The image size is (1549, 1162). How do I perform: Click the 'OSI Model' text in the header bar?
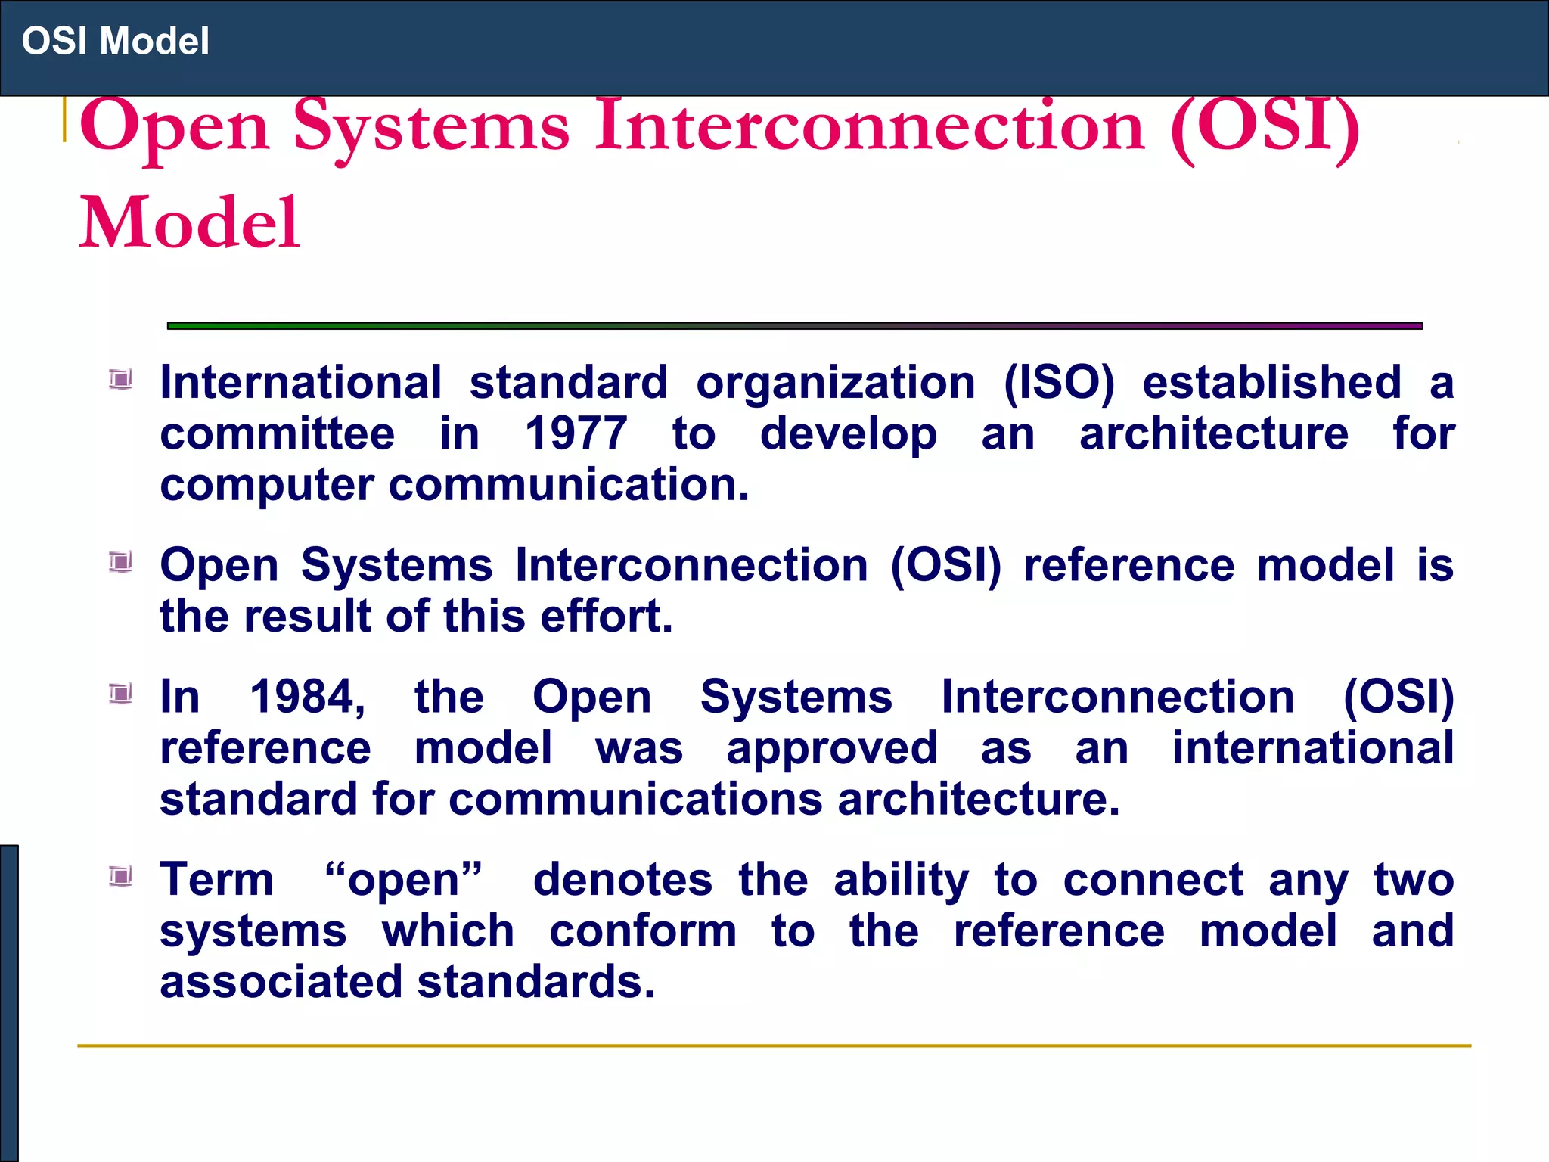coord(115,41)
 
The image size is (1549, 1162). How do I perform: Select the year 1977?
coord(576,433)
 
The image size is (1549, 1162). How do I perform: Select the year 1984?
coord(306,696)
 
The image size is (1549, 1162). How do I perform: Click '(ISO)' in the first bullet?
coord(1058,383)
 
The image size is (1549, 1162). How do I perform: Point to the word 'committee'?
coord(277,433)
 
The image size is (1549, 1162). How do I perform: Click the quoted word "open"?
coord(403,880)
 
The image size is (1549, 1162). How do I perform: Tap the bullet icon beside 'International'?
coord(120,378)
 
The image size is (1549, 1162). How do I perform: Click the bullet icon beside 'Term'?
coord(120,876)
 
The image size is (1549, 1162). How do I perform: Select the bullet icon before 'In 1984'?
coord(120,693)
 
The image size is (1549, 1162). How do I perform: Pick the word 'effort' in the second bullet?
coord(604,616)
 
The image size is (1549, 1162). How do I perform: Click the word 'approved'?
coord(831,749)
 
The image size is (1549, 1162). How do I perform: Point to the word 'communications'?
coord(635,800)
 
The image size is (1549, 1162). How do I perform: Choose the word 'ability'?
coord(900,880)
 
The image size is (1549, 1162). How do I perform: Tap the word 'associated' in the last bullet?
coord(281,982)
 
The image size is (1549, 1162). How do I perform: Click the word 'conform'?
coord(642,931)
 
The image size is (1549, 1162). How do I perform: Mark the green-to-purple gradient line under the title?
coord(794,326)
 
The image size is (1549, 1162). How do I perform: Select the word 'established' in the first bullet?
coord(1271,383)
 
